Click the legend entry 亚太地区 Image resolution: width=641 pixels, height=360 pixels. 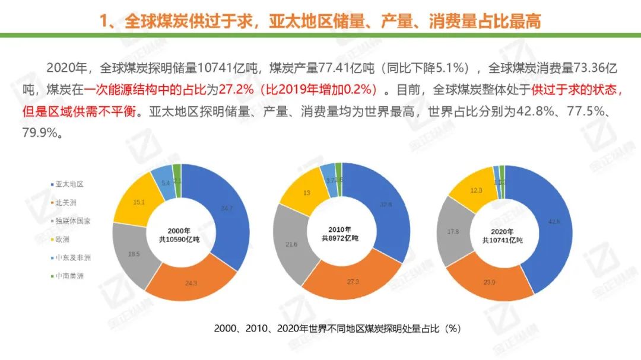coord(70,184)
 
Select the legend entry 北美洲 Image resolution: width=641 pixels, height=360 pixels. coord(66,202)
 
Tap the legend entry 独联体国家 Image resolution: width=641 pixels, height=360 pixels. coord(74,221)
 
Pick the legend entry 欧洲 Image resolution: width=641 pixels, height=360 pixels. coord(62,239)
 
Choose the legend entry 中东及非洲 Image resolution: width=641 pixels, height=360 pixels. coord(74,257)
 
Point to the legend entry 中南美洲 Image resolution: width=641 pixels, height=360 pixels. coord(70,276)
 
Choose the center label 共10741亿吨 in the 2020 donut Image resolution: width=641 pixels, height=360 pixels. coord(502,240)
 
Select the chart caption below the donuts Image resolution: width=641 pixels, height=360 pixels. coord(337,327)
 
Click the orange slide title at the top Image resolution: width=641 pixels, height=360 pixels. coord(320,21)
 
